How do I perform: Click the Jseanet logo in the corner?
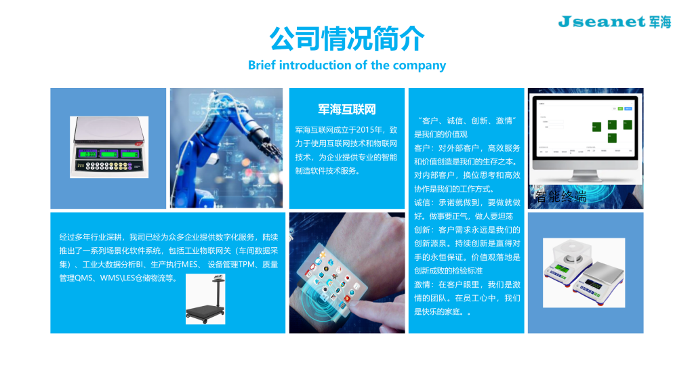click(614, 22)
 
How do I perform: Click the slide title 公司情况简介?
click(347, 39)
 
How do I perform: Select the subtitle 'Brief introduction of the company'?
click(347, 66)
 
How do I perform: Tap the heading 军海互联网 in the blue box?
click(346, 110)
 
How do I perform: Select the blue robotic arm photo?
click(226, 148)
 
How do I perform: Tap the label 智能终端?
click(560, 197)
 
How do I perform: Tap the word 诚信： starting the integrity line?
click(423, 202)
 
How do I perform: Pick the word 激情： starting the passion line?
click(423, 284)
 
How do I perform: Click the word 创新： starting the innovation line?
click(423, 230)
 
